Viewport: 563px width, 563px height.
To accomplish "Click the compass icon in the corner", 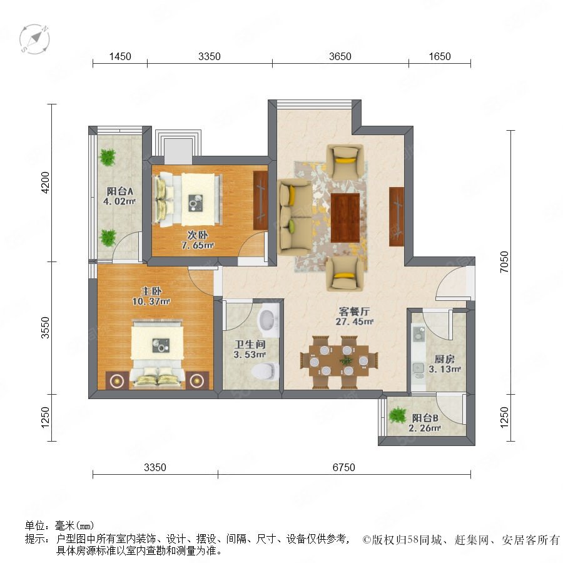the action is [x=34, y=39].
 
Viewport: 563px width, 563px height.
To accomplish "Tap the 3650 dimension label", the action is [x=340, y=56].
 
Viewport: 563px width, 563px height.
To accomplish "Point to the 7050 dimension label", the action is [x=504, y=261].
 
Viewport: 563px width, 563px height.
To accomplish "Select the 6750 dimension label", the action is [x=343, y=467].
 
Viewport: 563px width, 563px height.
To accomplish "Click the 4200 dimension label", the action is [x=45, y=183].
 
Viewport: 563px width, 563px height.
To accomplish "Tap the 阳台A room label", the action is [x=119, y=191].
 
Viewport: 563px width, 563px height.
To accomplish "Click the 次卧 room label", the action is [x=197, y=235].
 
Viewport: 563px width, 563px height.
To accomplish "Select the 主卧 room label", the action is [x=151, y=291].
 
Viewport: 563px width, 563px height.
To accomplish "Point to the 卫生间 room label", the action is [x=250, y=344].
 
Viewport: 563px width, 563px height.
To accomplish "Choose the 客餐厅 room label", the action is [x=354, y=312].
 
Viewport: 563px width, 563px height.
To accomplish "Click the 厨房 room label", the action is [x=445, y=358].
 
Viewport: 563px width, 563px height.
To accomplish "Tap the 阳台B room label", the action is [x=425, y=418].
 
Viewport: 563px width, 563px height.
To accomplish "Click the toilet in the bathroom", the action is [x=265, y=371].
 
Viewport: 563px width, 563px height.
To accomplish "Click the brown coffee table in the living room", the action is [x=345, y=218].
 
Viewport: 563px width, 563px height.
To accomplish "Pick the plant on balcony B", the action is [x=397, y=415].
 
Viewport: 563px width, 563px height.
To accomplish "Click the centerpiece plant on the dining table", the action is [x=346, y=360].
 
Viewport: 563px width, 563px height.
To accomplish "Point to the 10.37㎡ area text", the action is [x=151, y=302].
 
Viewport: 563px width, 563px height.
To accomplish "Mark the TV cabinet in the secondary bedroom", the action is [x=260, y=200].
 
